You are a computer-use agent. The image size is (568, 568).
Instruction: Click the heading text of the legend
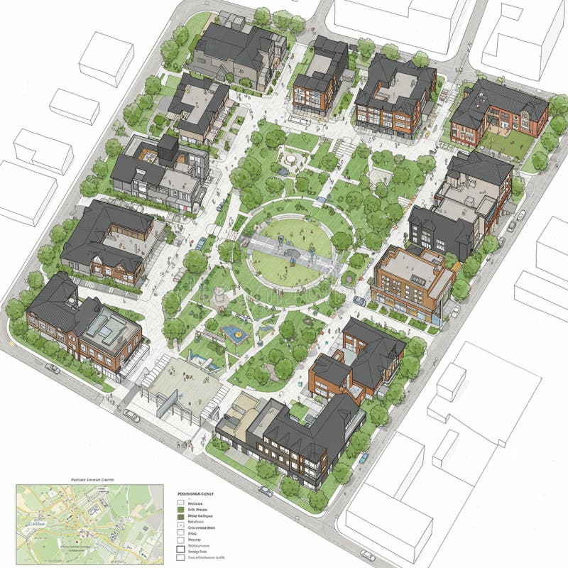(196, 493)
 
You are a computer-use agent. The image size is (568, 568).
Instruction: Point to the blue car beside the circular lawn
(202, 244)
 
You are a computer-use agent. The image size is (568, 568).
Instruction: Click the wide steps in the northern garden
(344, 148)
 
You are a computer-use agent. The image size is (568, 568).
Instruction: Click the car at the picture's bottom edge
(367, 555)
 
